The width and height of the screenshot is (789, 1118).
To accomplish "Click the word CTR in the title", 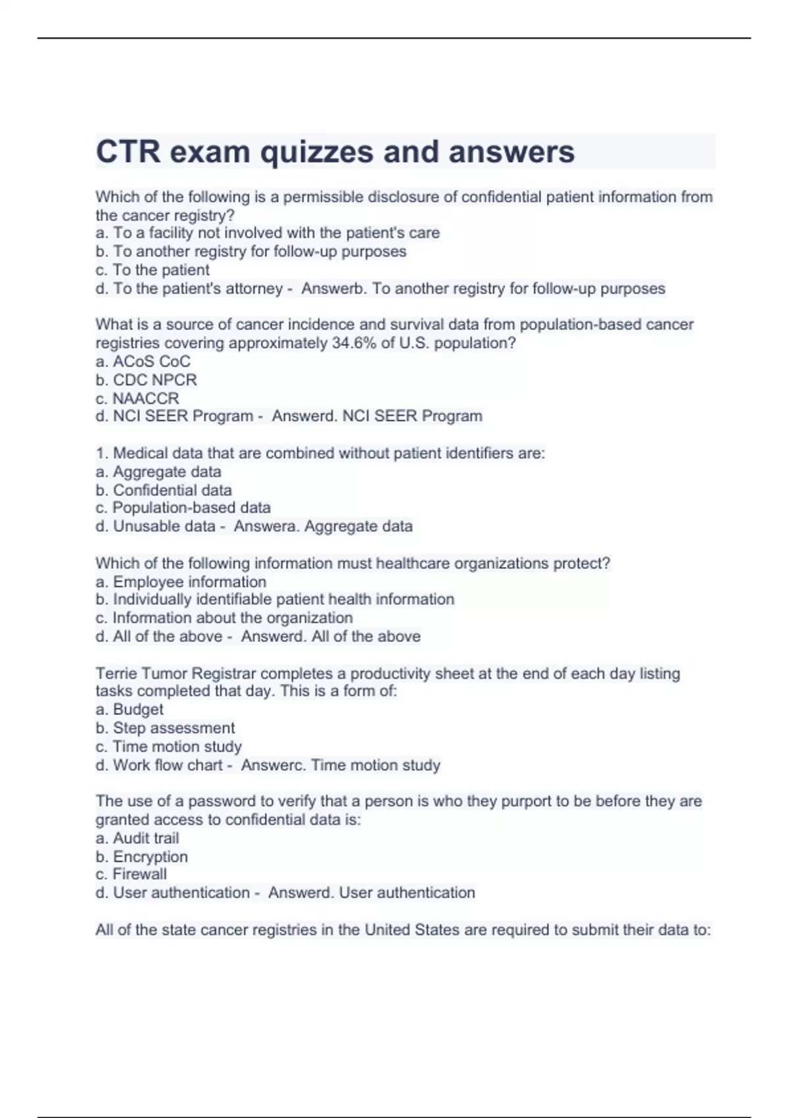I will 128,152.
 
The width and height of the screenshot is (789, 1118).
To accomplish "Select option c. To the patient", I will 153,270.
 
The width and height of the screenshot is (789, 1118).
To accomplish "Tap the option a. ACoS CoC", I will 143,361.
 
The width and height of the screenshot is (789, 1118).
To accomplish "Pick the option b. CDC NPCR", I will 146,379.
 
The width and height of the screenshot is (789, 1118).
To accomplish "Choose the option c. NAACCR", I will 137,398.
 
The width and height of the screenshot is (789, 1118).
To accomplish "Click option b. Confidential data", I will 164,490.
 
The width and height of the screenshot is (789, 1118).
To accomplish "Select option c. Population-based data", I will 183,508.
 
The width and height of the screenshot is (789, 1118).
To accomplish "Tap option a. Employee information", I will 181,581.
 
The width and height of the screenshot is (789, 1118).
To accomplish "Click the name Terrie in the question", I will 116,673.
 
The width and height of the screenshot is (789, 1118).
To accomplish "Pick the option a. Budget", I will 130,709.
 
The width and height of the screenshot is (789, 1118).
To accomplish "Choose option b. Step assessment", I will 165,728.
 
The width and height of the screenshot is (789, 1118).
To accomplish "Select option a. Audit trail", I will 137,838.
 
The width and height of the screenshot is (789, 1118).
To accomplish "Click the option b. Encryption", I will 141,856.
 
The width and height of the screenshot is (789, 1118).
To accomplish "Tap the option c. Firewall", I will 131,874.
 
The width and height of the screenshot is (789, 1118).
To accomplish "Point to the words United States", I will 412,930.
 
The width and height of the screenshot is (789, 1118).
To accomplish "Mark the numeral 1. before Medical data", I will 102,453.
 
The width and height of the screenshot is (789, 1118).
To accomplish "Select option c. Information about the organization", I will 224,618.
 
